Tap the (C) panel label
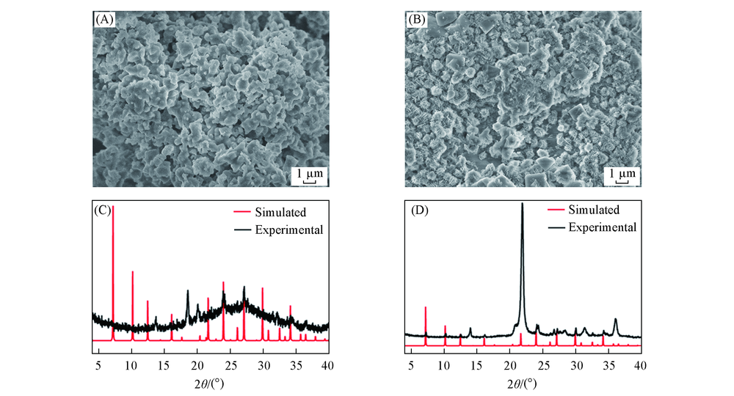click(x=103, y=210)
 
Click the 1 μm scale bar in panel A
click(x=308, y=175)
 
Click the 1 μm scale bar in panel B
click(x=621, y=175)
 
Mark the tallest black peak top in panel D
click(x=522, y=204)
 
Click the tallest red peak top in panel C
click(x=113, y=207)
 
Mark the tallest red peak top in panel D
click(x=425, y=307)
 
